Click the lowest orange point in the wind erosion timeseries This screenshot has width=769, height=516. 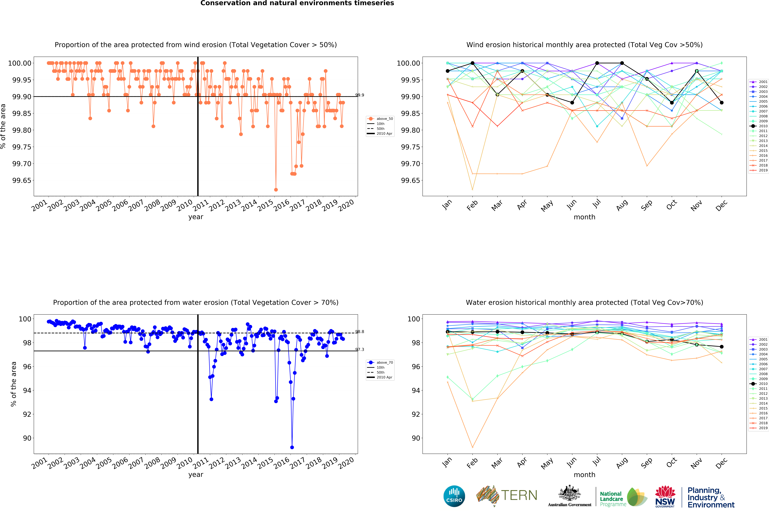(x=276, y=190)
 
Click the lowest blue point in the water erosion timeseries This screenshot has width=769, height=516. (x=292, y=447)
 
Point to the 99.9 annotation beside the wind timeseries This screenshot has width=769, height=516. (x=360, y=95)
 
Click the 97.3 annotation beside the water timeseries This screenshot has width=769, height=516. (x=360, y=349)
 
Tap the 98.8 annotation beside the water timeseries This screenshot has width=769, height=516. (x=360, y=332)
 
